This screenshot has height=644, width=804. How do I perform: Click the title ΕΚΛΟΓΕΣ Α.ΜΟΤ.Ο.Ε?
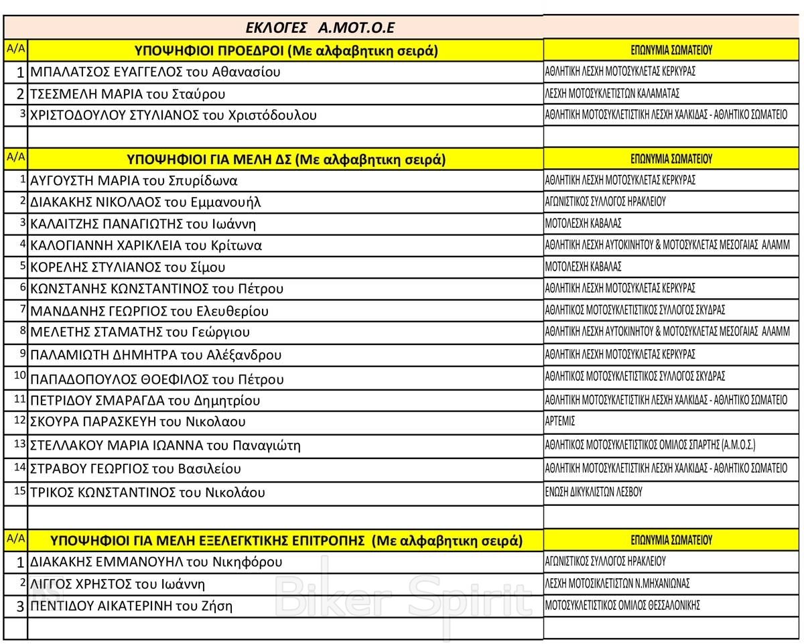click(x=320, y=27)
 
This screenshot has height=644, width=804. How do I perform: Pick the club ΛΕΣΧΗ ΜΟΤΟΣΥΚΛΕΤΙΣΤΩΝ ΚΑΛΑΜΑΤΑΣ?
click(x=612, y=94)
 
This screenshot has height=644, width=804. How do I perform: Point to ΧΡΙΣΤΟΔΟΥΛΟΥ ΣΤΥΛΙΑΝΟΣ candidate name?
click(x=174, y=115)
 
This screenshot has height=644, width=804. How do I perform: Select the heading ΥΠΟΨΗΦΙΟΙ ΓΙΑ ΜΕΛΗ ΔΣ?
click(x=286, y=159)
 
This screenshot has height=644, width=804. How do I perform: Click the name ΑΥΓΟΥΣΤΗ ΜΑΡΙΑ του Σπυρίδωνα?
click(x=134, y=180)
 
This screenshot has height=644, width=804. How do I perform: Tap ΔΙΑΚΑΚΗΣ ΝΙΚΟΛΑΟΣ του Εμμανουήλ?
click(x=145, y=202)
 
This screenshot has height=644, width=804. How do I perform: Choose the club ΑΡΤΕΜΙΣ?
click(x=560, y=422)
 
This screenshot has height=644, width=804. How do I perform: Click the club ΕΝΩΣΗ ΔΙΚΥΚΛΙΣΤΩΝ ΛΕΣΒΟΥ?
click(x=594, y=492)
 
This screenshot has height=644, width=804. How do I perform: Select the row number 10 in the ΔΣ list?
click(x=19, y=376)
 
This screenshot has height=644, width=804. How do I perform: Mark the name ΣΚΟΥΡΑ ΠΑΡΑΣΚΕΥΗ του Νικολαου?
click(x=138, y=422)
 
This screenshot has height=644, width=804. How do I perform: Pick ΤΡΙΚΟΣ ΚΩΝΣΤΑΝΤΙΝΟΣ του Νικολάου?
click(x=147, y=493)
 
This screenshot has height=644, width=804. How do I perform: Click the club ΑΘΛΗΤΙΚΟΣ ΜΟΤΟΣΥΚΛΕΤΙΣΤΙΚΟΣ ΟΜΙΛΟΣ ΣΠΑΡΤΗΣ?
click(x=650, y=444)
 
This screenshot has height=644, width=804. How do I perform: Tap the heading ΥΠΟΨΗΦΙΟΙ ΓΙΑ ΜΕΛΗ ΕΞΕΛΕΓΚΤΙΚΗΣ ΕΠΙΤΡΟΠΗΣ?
click(x=286, y=540)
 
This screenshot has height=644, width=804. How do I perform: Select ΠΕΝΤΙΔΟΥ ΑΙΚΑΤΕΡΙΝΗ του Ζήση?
click(x=131, y=606)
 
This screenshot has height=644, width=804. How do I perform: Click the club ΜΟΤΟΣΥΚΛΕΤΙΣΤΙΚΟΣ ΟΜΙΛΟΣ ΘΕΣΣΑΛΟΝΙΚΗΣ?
click(x=622, y=605)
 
